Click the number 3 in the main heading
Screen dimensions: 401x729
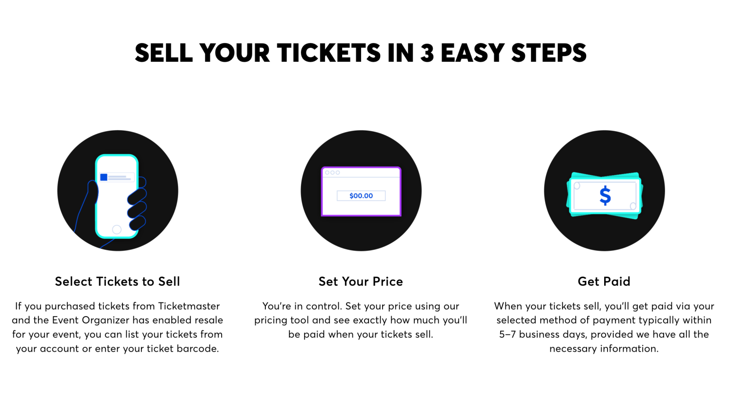[427, 53]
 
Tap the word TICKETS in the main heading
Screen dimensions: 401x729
[328, 53]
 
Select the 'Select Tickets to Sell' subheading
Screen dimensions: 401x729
[117, 281]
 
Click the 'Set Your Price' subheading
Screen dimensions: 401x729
[361, 281]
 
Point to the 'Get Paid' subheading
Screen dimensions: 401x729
[604, 281]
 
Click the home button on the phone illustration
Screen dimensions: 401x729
[117, 230]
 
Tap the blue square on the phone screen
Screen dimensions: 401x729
[103, 177]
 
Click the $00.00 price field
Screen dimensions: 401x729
[361, 196]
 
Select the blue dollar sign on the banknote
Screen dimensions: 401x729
[605, 196]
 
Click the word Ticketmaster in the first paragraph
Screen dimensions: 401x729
[189, 306]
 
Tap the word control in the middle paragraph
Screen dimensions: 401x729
[322, 306]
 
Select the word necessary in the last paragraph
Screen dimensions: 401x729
[571, 349]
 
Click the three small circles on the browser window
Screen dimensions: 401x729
[332, 173]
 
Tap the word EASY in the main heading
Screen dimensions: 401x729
[472, 53]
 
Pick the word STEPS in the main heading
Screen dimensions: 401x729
[549, 53]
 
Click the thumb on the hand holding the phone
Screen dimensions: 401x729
[92, 192]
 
